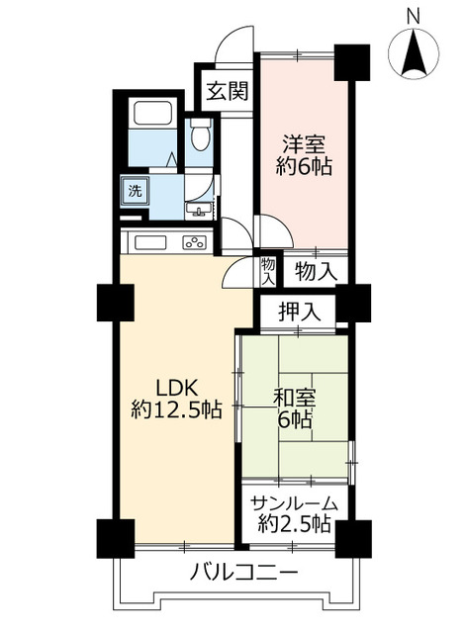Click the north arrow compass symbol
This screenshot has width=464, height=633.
click(x=416, y=53)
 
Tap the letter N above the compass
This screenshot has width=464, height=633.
click(x=415, y=14)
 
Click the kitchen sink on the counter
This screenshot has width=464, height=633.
click(x=150, y=243)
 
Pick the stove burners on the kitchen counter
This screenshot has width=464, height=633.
click(x=195, y=243)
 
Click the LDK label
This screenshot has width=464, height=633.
click(x=175, y=387)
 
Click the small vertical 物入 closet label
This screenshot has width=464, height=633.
click(x=268, y=268)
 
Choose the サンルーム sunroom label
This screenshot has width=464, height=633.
click(x=293, y=503)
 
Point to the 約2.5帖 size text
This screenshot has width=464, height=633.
click(x=293, y=524)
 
